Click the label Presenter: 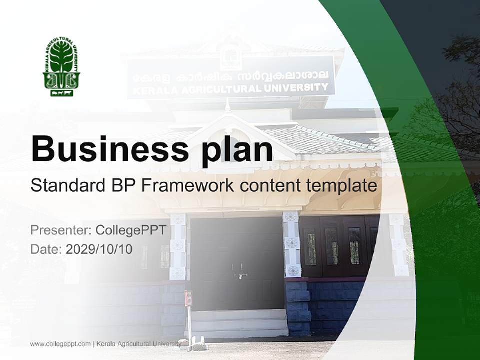60,230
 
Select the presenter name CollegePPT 130,230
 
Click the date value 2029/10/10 99,249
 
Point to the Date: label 46,249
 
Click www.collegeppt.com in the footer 60,344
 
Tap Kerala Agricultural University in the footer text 138,344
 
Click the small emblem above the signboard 231,55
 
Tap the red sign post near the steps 188,298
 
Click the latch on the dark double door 242,275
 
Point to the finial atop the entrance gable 228,105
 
